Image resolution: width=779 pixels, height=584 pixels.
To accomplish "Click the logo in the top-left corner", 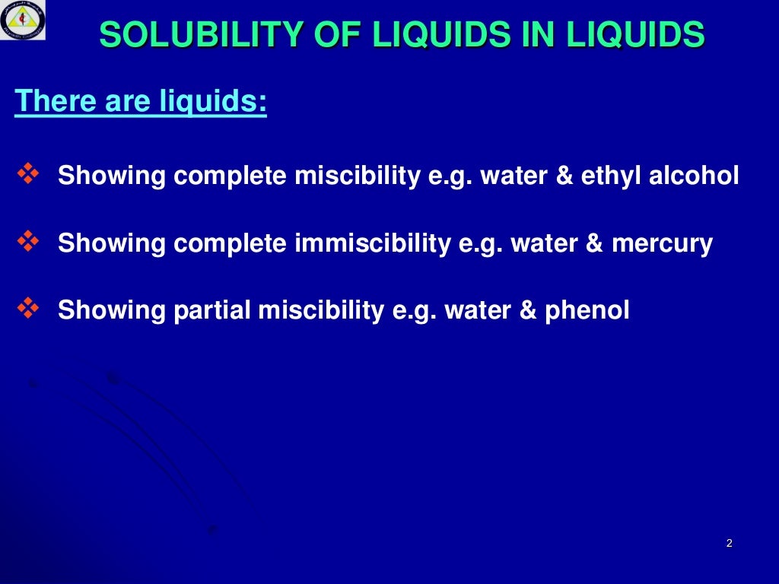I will [23, 21].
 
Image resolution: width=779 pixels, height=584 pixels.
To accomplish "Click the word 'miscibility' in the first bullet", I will [357, 176].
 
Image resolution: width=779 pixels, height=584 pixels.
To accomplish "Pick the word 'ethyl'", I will [611, 176].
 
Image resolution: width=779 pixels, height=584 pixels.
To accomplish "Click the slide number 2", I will [729, 543].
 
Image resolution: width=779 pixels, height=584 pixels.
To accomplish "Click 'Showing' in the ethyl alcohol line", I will [112, 176].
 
